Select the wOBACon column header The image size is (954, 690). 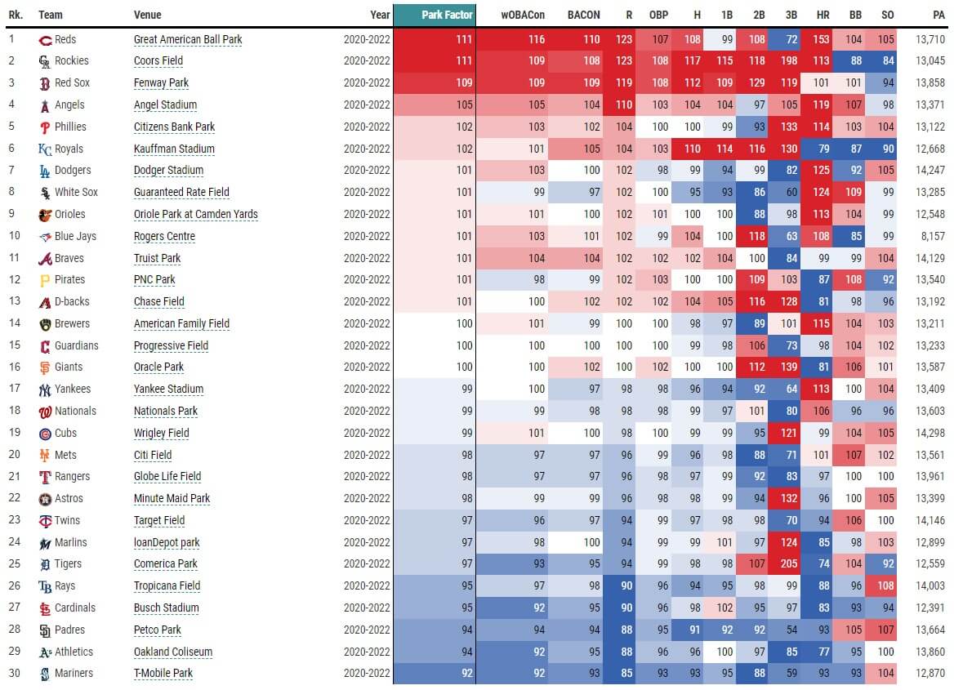point(523,15)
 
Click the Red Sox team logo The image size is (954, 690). point(45,82)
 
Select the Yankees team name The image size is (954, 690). point(73,389)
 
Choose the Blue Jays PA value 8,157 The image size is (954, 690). point(931,236)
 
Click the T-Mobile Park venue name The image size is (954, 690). point(163,673)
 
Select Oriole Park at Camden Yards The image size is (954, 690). point(195,214)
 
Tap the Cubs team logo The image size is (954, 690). point(45,433)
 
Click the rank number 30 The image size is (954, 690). point(14,673)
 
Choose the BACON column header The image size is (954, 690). point(583,15)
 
